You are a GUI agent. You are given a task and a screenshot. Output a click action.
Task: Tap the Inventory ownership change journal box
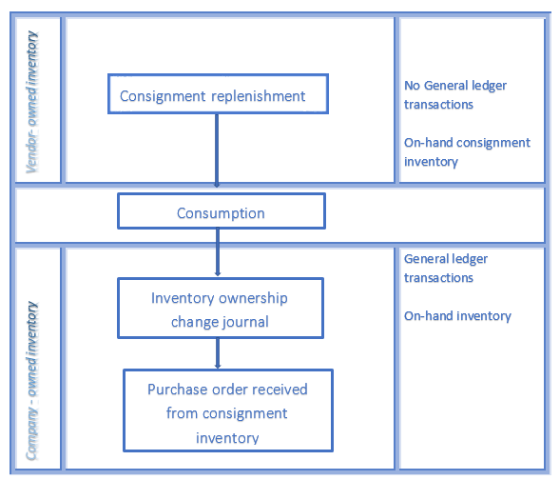219,309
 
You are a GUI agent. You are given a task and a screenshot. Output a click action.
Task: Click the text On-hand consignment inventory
466,151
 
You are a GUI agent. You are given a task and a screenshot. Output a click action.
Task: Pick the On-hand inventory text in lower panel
457,316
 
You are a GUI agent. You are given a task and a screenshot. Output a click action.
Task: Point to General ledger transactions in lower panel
445,268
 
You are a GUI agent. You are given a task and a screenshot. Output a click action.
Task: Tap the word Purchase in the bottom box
175,390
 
